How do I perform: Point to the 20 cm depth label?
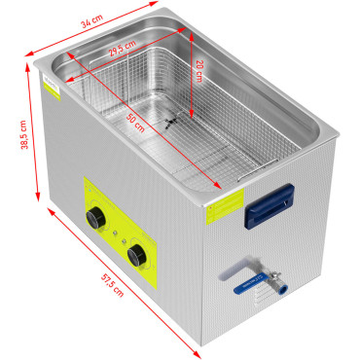click(x=198, y=70)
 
